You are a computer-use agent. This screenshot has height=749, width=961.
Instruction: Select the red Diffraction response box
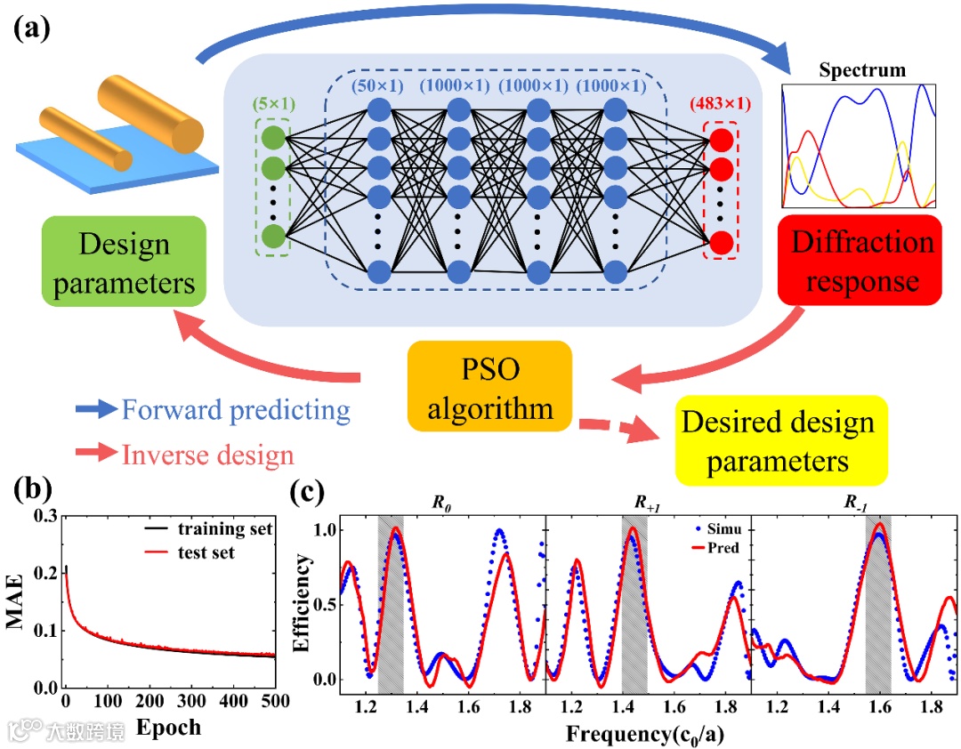(x=859, y=262)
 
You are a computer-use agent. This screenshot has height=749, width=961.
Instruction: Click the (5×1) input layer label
(x=273, y=103)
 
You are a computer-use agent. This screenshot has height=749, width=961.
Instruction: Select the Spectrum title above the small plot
(x=862, y=69)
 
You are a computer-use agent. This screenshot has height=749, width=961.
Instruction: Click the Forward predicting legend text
(x=236, y=410)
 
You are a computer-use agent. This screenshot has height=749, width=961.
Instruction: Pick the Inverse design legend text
(x=207, y=455)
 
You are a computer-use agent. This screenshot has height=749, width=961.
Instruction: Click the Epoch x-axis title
(x=168, y=728)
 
